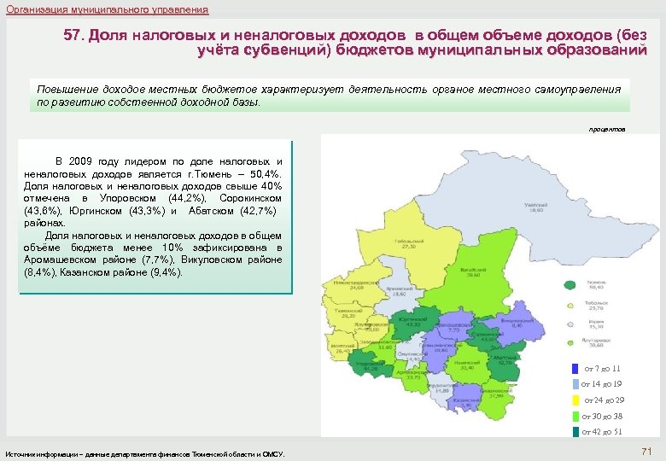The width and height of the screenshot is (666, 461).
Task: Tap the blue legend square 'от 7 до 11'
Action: click(575, 369)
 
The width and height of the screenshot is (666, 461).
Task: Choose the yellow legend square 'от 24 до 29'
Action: click(575, 400)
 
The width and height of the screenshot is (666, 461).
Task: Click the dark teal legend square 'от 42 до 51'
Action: click(575, 432)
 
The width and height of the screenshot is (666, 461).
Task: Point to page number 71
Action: click(646, 451)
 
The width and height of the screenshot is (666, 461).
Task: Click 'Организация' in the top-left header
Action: click(33, 9)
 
